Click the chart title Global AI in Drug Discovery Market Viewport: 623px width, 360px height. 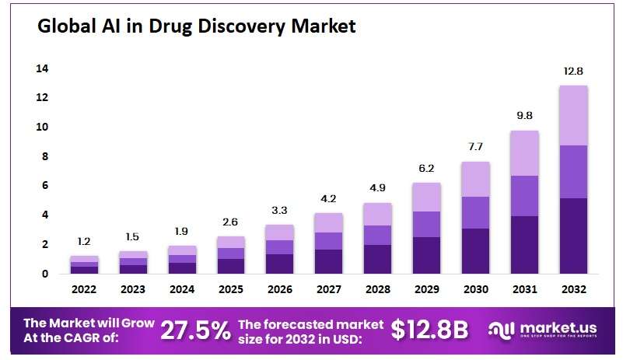197,27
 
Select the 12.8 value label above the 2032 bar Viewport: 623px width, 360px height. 573,72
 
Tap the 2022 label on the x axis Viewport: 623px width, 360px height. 84,290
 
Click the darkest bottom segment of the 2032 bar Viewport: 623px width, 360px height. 573,236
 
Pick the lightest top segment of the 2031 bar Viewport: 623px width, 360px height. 523,153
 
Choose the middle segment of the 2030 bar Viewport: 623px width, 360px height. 475,212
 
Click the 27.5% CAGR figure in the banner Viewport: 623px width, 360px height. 195,330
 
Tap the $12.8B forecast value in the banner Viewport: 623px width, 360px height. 429,330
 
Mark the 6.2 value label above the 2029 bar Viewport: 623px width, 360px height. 426,168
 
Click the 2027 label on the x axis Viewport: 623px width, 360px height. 328,290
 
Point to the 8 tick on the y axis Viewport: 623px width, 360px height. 44,156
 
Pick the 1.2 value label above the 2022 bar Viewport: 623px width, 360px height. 84,241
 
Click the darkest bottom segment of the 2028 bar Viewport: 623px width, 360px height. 377,259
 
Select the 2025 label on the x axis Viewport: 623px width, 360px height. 230,290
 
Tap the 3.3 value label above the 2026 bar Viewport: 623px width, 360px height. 279,210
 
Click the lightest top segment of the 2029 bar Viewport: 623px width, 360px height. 426,197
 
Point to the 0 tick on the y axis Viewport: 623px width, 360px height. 44,274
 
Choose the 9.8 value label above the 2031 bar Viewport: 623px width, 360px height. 523,116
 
